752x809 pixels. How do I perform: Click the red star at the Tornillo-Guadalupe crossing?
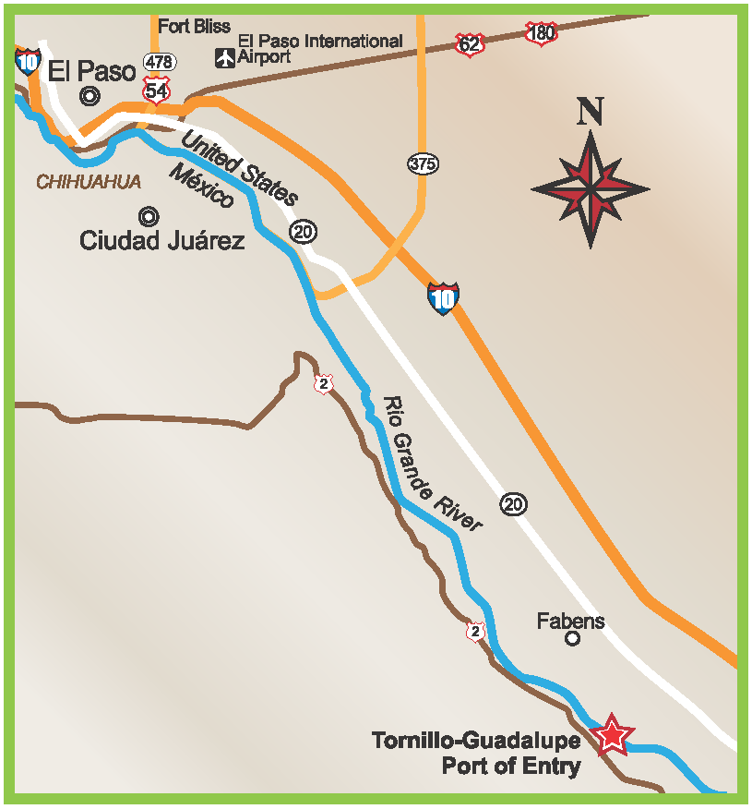pyautogui.click(x=612, y=735)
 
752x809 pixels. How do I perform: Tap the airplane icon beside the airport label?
pyautogui.click(x=224, y=57)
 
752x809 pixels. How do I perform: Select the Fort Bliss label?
pyautogui.click(x=194, y=27)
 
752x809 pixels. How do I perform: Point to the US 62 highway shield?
pyautogui.click(x=470, y=43)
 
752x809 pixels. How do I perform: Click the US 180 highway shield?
pyautogui.click(x=541, y=34)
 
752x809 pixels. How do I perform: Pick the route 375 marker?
pyautogui.click(x=423, y=164)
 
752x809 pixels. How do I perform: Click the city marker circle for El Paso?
pyautogui.click(x=90, y=94)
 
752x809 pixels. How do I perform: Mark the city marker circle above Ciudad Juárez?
pyautogui.click(x=148, y=217)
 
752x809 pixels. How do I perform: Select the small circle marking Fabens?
pyautogui.click(x=572, y=638)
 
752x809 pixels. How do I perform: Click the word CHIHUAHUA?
pyautogui.click(x=89, y=183)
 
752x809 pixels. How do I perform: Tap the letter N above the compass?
pyautogui.click(x=591, y=112)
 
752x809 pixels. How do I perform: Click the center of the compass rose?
pyautogui.click(x=591, y=189)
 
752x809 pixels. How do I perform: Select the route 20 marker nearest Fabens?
pyautogui.click(x=514, y=503)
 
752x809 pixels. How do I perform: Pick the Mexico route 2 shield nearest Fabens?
pyautogui.click(x=475, y=632)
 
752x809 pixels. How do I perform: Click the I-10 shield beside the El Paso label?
pyautogui.click(x=28, y=62)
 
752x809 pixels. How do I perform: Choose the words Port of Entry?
pyautogui.click(x=511, y=766)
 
